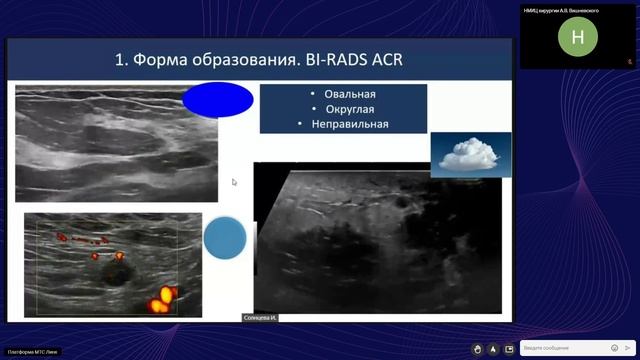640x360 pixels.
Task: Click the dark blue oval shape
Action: (x=217, y=100)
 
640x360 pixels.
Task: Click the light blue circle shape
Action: (x=225, y=239)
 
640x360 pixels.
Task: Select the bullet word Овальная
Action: (x=343, y=94)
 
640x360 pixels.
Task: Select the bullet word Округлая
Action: (x=343, y=109)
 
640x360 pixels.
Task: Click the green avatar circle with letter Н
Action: (x=578, y=38)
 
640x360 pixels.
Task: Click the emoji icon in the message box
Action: (x=614, y=348)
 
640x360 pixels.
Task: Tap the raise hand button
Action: (x=479, y=348)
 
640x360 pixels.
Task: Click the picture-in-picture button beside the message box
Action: (x=510, y=348)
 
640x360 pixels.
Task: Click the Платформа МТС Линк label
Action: (x=33, y=352)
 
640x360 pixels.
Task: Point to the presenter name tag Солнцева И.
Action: (x=259, y=318)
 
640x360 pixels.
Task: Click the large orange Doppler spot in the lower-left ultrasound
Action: (x=162, y=297)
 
